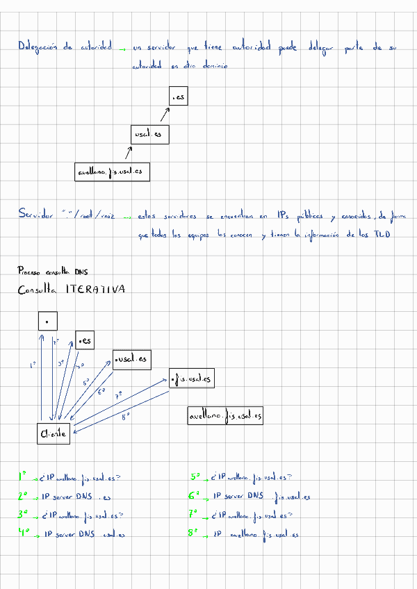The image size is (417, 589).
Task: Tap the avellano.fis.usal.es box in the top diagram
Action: point(112,171)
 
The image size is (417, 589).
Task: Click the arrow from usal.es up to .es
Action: point(165,113)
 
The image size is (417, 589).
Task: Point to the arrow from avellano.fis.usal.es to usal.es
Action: point(128,153)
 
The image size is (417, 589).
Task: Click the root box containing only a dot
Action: point(47,321)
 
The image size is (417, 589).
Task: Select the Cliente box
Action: point(54,433)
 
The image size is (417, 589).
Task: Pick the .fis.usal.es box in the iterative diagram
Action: point(190,379)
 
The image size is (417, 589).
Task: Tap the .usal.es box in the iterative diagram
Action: point(131,359)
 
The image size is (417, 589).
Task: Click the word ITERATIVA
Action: point(95,290)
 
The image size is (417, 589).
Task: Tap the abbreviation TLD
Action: point(382,235)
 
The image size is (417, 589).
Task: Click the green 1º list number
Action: point(23,477)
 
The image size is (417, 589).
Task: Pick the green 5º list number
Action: point(195,477)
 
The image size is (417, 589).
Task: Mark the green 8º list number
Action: point(194,534)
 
